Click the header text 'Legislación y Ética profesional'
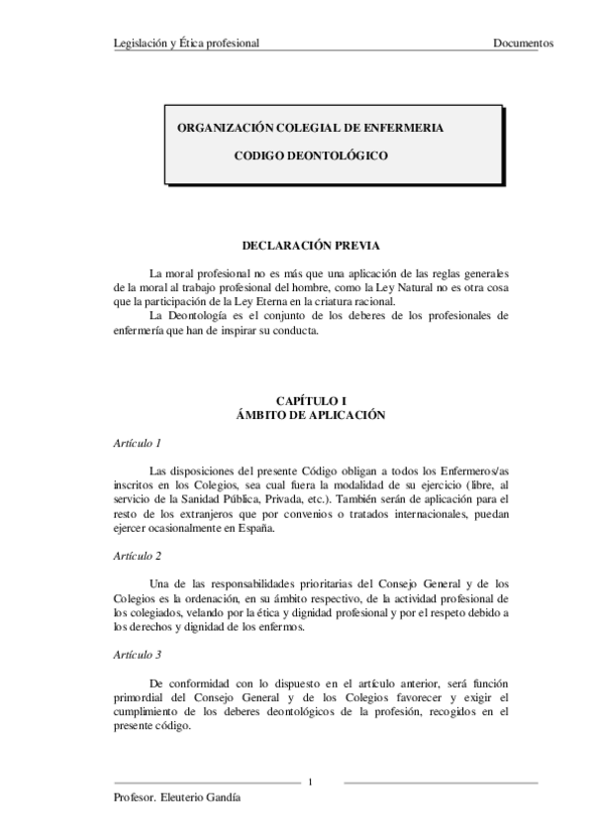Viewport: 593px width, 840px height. pyautogui.click(x=187, y=44)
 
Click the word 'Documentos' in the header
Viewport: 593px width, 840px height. pyautogui.click(x=523, y=44)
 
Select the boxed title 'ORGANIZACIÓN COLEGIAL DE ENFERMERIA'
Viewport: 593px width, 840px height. pyautogui.click(x=310, y=129)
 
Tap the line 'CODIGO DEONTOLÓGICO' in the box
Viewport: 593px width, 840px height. pyautogui.click(x=310, y=156)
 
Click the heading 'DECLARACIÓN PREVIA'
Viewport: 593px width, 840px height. pyautogui.click(x=310, y=245)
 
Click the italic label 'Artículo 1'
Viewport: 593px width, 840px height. pyautogui.click(x=138, y=442)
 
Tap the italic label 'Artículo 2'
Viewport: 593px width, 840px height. pyautogui.click(x=138, y=557)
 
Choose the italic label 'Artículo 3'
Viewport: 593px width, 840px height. pyautogui.click(x=138, y=655)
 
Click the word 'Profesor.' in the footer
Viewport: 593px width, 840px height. pyautogui.click(x=136, y=798)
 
